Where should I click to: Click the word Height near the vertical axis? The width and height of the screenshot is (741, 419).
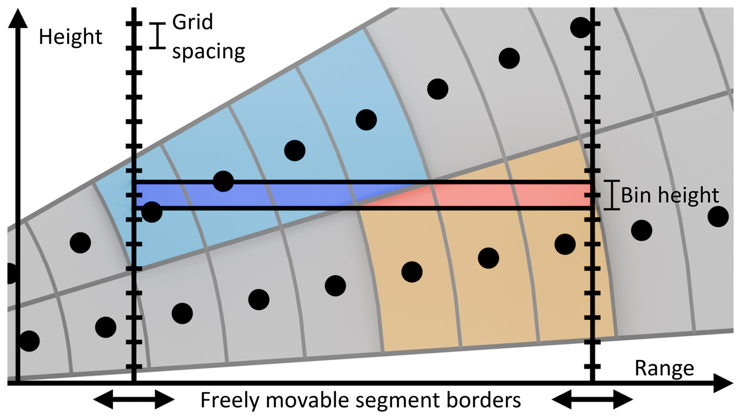pos(70,37)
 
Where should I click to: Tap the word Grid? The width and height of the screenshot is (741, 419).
pos(192,22)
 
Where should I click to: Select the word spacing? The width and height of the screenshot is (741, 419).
pos(208,52)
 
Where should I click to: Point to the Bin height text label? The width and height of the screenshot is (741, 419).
pos(670,195)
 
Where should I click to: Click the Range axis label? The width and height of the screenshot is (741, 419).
pos(664,368)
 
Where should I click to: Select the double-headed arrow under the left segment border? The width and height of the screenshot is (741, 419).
pos(134,400)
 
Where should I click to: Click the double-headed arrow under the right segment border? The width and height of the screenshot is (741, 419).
pos(592,400)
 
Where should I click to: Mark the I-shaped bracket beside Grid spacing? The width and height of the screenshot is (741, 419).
pos(157,36)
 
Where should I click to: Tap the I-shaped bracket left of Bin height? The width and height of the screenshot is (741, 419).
pos(611,195)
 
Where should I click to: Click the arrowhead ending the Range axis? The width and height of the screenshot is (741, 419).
pos(723,383)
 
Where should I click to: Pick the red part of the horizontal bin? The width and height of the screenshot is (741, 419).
pos(509,195)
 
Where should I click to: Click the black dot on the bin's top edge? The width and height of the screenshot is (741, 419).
pos(223,181)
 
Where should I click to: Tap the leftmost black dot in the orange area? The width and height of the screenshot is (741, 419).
pos(412,272)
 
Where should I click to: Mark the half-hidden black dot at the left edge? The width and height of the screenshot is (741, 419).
pos(11,273)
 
